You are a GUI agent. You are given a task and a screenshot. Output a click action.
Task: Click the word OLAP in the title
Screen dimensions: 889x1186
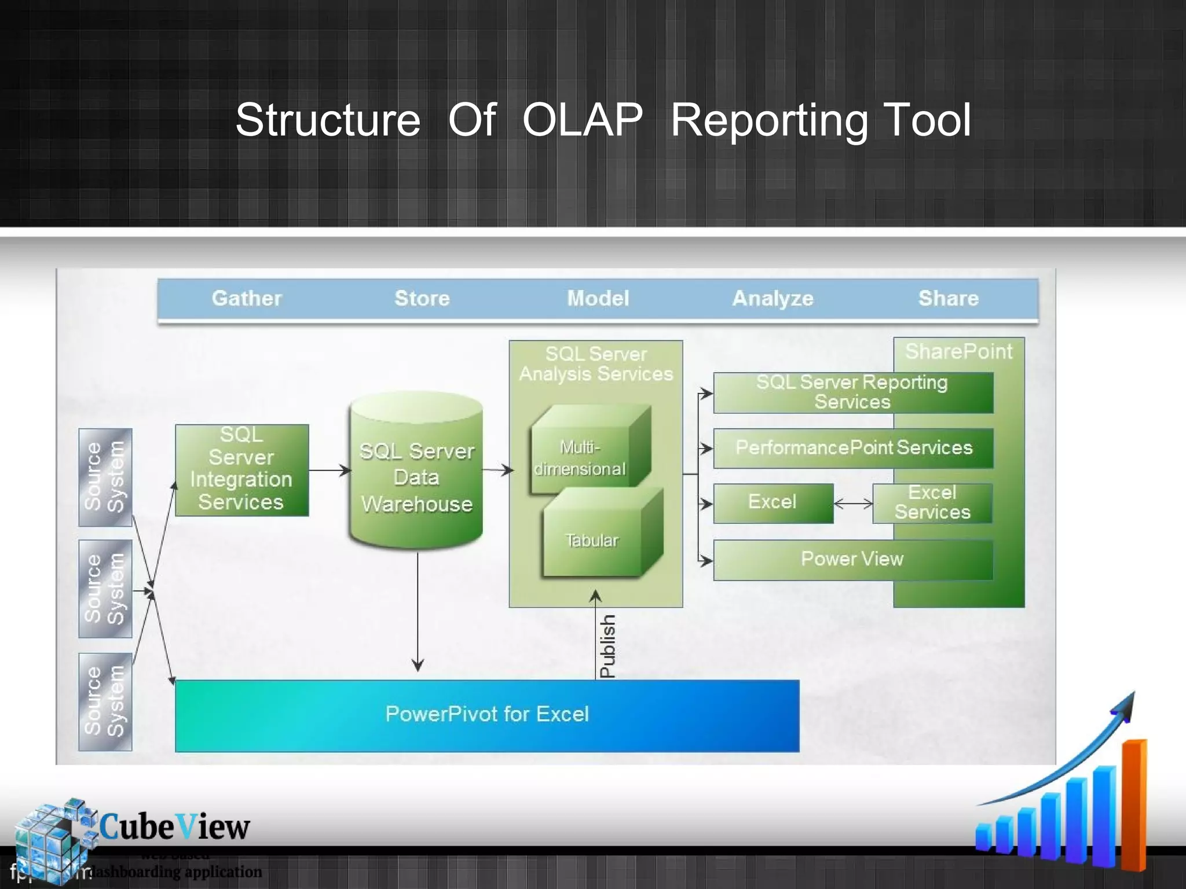(582, 120)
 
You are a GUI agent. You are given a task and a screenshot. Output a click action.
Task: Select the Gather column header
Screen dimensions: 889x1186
(247, 298)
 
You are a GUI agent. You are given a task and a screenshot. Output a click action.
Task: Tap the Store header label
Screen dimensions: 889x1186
(422, 298)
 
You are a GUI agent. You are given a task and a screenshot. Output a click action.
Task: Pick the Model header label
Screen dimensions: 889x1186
(598, 298)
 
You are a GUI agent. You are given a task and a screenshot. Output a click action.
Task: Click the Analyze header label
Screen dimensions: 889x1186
(773, 298)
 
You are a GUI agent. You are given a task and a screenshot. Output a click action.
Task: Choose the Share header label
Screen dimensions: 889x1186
(948, 298)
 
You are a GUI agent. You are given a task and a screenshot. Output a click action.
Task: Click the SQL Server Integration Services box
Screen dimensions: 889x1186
(241, 469)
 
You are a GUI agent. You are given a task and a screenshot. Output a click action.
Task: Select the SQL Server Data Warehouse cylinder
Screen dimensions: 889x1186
(416, 477)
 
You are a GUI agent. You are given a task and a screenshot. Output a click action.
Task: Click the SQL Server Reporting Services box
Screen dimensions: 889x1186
(852, 392)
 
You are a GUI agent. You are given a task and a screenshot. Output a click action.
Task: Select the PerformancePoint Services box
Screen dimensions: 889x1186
(853, 448)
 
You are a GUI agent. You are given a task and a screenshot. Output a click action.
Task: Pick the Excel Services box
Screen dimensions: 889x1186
(932, 503)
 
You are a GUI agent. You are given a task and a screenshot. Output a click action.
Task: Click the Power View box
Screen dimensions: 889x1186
(852, 559)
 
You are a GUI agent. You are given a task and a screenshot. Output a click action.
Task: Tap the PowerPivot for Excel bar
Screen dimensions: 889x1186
(486, 715)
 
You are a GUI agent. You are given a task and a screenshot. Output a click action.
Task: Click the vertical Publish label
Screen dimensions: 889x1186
(607, 646)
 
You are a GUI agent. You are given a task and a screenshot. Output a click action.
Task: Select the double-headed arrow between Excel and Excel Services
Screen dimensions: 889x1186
(853, 504)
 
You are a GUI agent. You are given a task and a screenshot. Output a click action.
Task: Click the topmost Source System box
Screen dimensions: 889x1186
(105, 477)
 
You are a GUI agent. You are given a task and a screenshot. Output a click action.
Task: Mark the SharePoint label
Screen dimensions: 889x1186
(958, 351)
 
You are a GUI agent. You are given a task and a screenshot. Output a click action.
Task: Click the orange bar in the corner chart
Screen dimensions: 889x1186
(1133, 804)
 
